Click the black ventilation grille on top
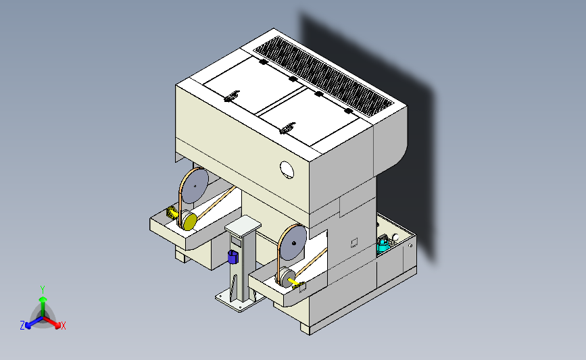coord(323,76)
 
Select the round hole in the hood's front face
coord(287,170)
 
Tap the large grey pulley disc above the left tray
coord(195,186)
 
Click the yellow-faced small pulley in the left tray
coord(189,221)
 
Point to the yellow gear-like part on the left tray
coord(172,213)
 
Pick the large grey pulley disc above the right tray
coord(293,242)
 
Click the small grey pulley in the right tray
coord(287,278)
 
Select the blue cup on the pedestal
coord(233,257)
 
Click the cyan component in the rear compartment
coord(383,245)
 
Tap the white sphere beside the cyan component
coord(395,237)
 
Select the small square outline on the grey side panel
coord(354,242)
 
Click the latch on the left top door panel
coord(232,96)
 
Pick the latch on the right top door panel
coord(287,128)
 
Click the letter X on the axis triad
coord(63,326)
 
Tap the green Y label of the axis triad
coord(43,290)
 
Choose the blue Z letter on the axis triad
coord(22,326)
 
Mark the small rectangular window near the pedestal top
coord(236,242)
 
